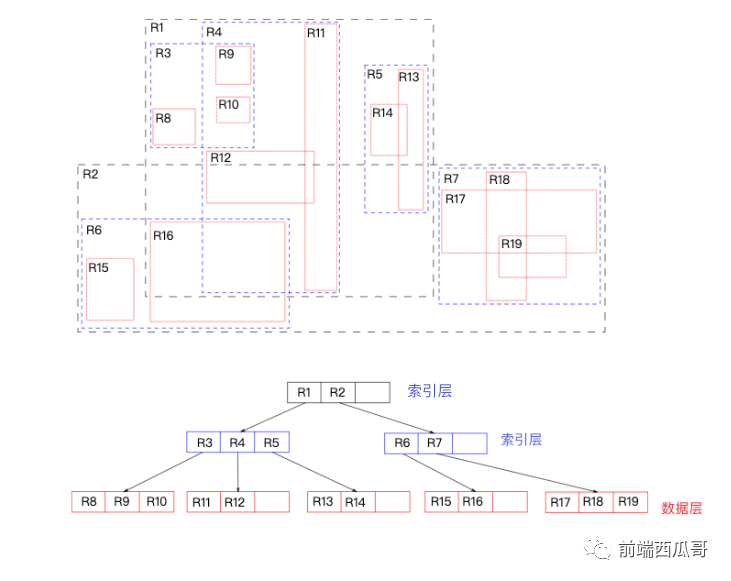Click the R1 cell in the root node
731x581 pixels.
click(x=304, y=393)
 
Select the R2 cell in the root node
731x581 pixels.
click(x=338, y=393)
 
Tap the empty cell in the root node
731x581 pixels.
click(x=372, y=393)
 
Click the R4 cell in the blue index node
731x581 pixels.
click(x=237, y=442)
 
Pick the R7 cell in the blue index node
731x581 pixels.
click(x=435, y=443)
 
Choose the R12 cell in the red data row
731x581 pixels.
click(x=237, y=502)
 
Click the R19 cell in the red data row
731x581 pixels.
click(x=630, y=502)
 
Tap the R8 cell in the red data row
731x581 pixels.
click(x=88, y=502)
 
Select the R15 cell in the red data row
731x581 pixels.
click(x=441, y=502)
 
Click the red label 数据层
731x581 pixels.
click(x=682, y=508)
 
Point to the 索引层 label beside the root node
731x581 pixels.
click(x=430, y=391)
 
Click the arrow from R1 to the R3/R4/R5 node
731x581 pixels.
click(x=273, y=417)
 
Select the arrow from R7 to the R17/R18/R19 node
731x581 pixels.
click(x=517, y=472)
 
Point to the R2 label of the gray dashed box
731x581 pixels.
click(x=90, y=174)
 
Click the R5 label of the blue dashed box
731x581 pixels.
click(x=374, y=75)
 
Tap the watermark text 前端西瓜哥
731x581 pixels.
click(x=662, y=549)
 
